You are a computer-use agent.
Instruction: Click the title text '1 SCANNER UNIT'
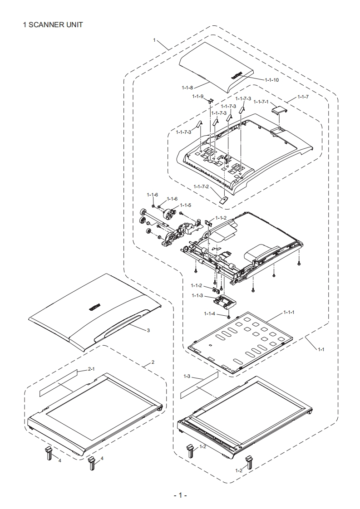tap(53, 25)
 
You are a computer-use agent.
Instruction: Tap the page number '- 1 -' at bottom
tap(180, 495)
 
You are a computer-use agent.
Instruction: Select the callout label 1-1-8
tap(187, 87)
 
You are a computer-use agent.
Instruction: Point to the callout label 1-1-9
tap(197, 96)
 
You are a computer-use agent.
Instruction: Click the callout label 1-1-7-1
tap(261, 102)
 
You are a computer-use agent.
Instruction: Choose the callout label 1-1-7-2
tap(201, 186)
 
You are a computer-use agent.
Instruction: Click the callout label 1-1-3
tap(197, 295)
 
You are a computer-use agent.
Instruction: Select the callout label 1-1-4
tap(209, 313)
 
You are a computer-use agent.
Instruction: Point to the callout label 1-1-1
tap(289, 312)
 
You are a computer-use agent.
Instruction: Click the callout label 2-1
tap(91, 369)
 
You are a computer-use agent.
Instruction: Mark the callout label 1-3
tap(187, 377)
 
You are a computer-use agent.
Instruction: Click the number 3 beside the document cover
tap(148, 330)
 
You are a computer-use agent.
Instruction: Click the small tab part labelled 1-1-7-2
tap(223, 198)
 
